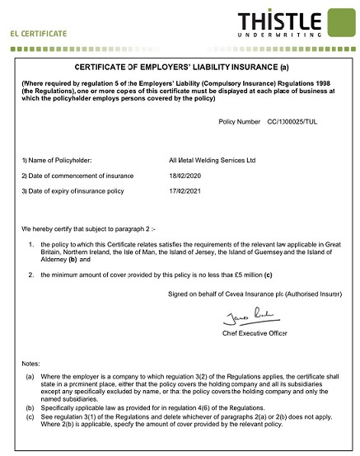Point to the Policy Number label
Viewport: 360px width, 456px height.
click(x=239, y=121)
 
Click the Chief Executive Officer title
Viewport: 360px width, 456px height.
click(x=255, y=333)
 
